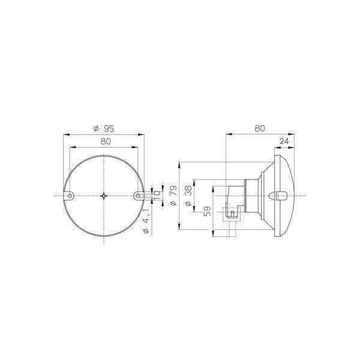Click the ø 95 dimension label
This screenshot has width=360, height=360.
(x=104, y=128)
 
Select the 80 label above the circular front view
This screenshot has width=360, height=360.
(x=106, y=142)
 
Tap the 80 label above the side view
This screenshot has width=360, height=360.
(x=260, y=128)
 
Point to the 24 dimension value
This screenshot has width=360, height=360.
(x=284, y=141)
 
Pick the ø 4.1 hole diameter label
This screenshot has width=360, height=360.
(x=146, y=221)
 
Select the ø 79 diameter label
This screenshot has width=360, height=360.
(x=174, y=196)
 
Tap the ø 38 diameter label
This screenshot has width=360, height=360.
(x=188, y=196)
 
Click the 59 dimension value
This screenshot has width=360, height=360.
(x=208, y=211)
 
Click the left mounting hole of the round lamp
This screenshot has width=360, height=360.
(x=70, y=196)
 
